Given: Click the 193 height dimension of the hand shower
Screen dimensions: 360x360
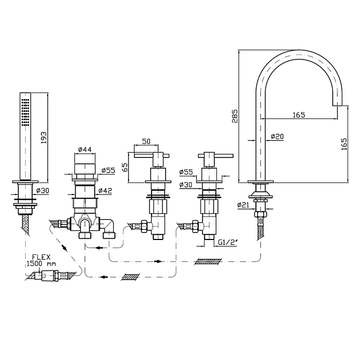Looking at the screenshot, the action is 43,137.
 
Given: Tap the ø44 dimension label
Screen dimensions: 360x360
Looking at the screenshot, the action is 85,149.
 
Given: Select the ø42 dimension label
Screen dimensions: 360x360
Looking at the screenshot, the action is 105,191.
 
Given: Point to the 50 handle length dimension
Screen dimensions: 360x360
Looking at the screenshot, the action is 146,141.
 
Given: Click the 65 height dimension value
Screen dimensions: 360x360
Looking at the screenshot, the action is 125,167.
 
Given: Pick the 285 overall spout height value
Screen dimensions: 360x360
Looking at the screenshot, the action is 235,116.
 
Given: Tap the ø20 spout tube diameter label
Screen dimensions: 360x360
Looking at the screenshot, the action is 277,137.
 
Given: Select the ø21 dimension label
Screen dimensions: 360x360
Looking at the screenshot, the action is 243,205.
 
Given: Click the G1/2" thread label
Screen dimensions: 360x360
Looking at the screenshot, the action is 228,243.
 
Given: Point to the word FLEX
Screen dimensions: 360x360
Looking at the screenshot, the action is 41,257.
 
